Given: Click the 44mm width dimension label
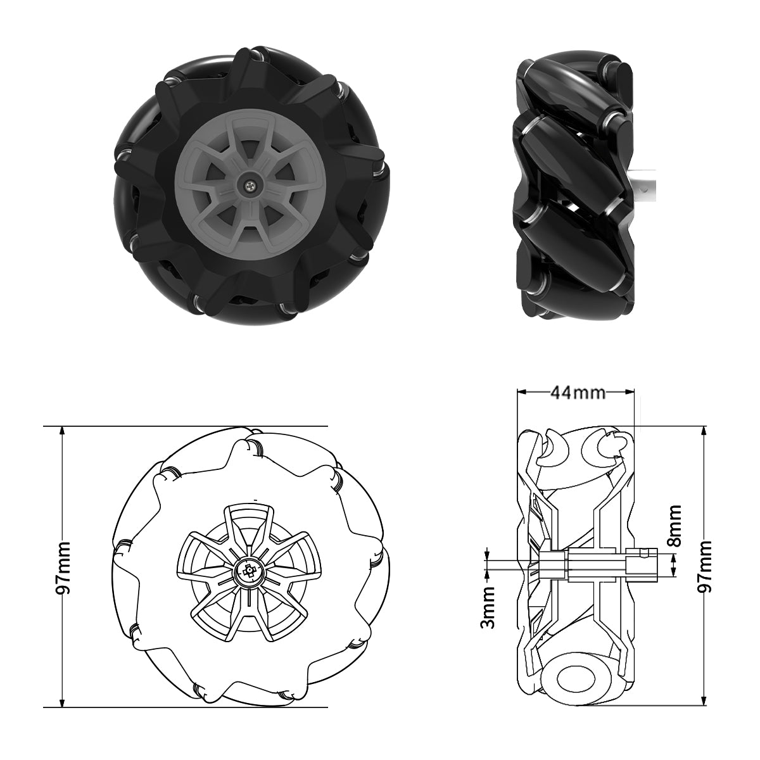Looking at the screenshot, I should (577, 393).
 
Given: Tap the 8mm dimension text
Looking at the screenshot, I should (675, 526).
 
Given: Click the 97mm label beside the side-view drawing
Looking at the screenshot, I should (704, 566).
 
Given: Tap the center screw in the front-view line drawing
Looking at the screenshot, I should (249, 572).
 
